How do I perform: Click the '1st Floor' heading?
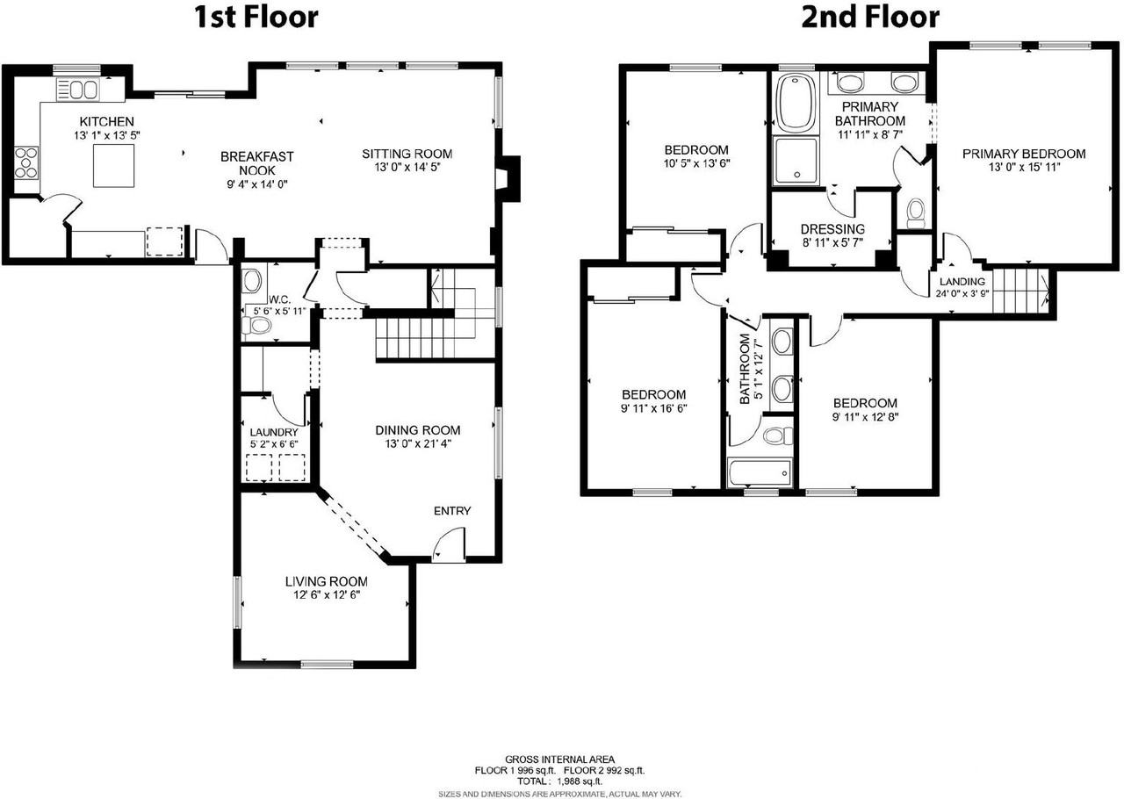point(256,17)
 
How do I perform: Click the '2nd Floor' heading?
point(870,17)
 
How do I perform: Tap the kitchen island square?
point(114,166)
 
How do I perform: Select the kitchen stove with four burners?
point(26,162)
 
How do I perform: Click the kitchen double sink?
point(78,90)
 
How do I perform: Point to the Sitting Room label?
point(407,154)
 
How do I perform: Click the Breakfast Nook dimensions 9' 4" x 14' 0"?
point(257,184)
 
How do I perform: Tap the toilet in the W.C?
point(256,326)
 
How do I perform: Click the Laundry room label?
point(274,432)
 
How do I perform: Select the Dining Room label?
point(417,430)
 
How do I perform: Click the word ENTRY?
point(452,511)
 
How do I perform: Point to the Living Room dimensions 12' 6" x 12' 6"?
point(327,595)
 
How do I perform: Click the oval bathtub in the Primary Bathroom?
point(796,103)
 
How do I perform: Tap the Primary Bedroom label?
point(1024,154)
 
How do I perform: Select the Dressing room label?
point(833,229)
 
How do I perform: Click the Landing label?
point(962,282)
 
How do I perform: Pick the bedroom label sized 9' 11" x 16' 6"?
point(654,394)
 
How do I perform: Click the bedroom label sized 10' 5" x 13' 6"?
point(696,149)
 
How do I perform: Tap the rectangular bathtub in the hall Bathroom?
point(760,472)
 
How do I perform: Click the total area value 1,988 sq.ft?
point(580,781)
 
